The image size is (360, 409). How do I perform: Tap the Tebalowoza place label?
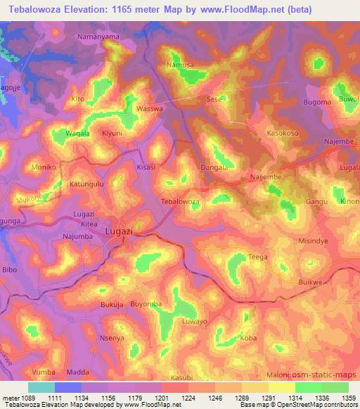coord(181,202)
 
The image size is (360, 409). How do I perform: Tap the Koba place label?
coord(248,339)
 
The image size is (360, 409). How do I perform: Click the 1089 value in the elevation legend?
coord(22,397)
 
